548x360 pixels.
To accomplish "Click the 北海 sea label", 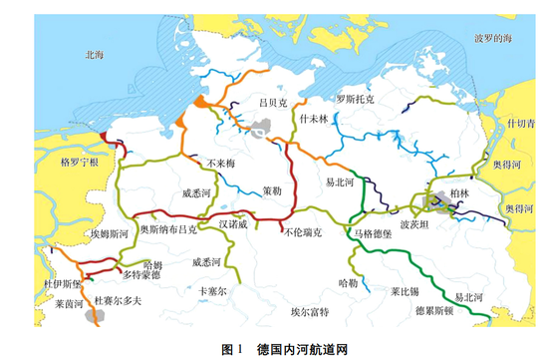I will point(95,56).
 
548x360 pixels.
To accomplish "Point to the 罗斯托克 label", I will point(355,100).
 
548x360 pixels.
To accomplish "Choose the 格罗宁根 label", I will point(80,162).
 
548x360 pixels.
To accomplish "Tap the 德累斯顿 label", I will point(434,310).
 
